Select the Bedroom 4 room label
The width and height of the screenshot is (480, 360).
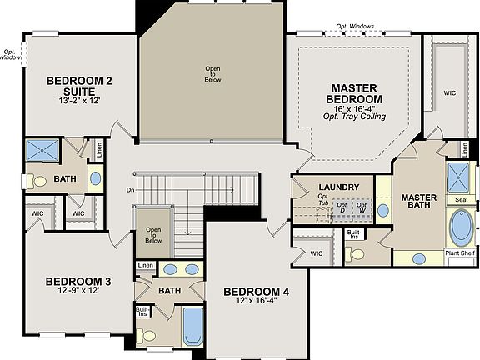pos(256,292)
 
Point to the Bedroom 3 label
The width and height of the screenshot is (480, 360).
pos(77,281)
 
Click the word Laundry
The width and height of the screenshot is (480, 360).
pos(338,187)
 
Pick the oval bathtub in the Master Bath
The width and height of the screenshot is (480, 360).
pos(460,227)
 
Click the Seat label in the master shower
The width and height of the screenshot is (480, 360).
pos(460,199)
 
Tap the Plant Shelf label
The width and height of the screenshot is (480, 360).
pos(460,252)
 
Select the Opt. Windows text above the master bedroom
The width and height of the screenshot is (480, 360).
pos(356,27)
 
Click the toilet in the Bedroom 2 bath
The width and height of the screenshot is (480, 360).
pos(38,180)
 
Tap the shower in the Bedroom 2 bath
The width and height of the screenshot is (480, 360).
pos(42,151)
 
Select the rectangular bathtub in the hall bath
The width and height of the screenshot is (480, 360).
pos(193,326)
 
